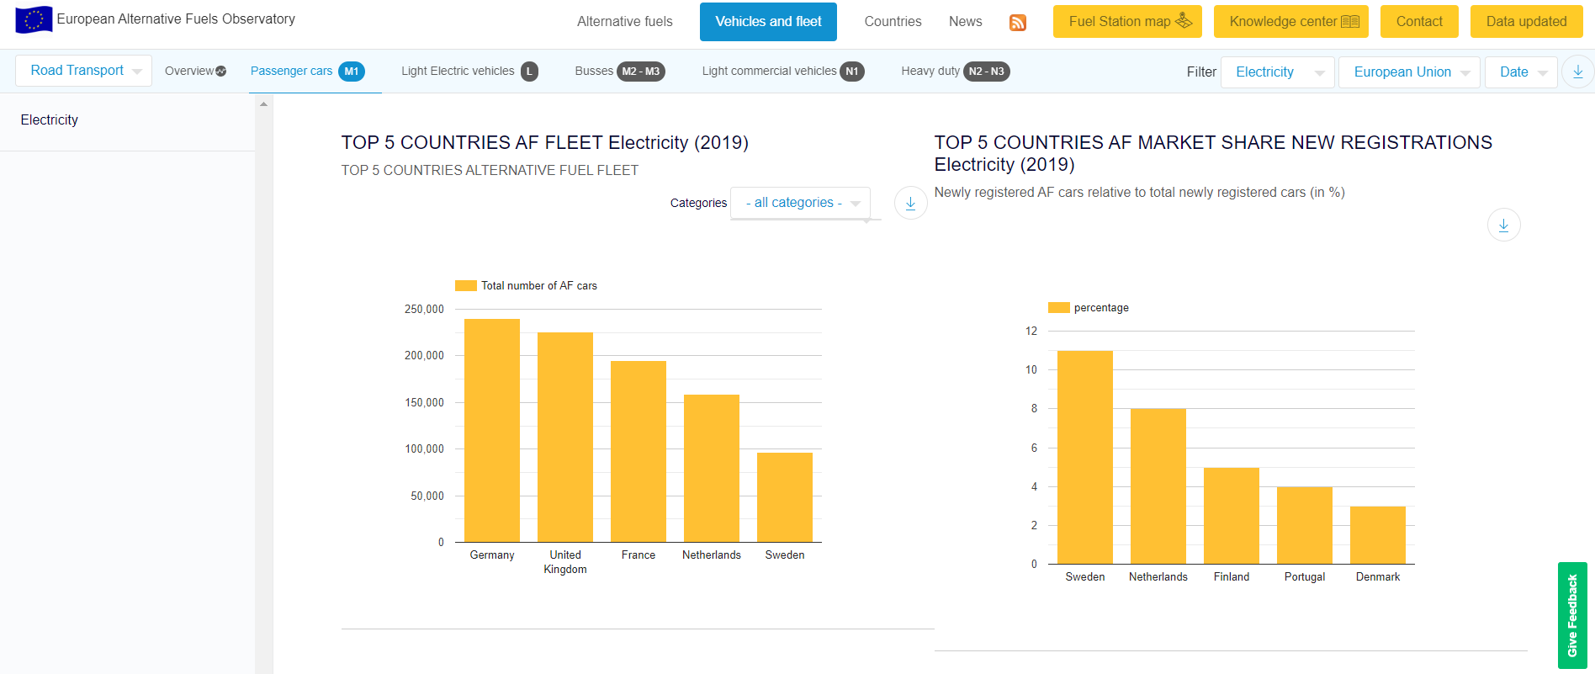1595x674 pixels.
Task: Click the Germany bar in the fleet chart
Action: pyautogui.click(x=492, y=430)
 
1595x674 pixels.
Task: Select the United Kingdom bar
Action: pyautogui.click(x=565, y=437)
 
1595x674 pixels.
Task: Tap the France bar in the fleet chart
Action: pyautogui.click(x=639, y=451)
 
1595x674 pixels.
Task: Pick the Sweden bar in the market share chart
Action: pyautogui.click(x=1085, y=457)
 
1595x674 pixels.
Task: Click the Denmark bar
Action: pyautogui.click(x=1378, y=535)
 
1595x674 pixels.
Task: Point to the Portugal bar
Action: pyautogui.click(x=1305, y=525)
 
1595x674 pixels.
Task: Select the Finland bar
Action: pyautogui.click(x=1232, y=515)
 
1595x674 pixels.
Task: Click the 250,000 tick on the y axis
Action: pyautogui.click(x=424, y=310)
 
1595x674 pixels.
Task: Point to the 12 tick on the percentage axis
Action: pyautogui.click(x=1031, y=332)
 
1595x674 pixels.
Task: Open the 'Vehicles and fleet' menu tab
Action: pyautogui.click(x=768, y=22)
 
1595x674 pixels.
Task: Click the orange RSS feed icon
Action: pyautogui.click(x=1018, y=23)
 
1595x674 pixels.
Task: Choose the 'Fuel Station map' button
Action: pyautogui.click(x=1127, y=22)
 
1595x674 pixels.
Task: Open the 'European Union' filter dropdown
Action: pyautogui.click(x=1409, y=72)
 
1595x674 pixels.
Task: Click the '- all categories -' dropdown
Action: pyautogui.click(x=800, y=203)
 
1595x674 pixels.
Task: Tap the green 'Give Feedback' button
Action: pyautogui.click(x=1572, y=615)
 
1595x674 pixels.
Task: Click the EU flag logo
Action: pyautogui.click(x=34, y=19)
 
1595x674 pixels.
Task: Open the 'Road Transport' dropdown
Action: pyautogui.click(x=83, y=71)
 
